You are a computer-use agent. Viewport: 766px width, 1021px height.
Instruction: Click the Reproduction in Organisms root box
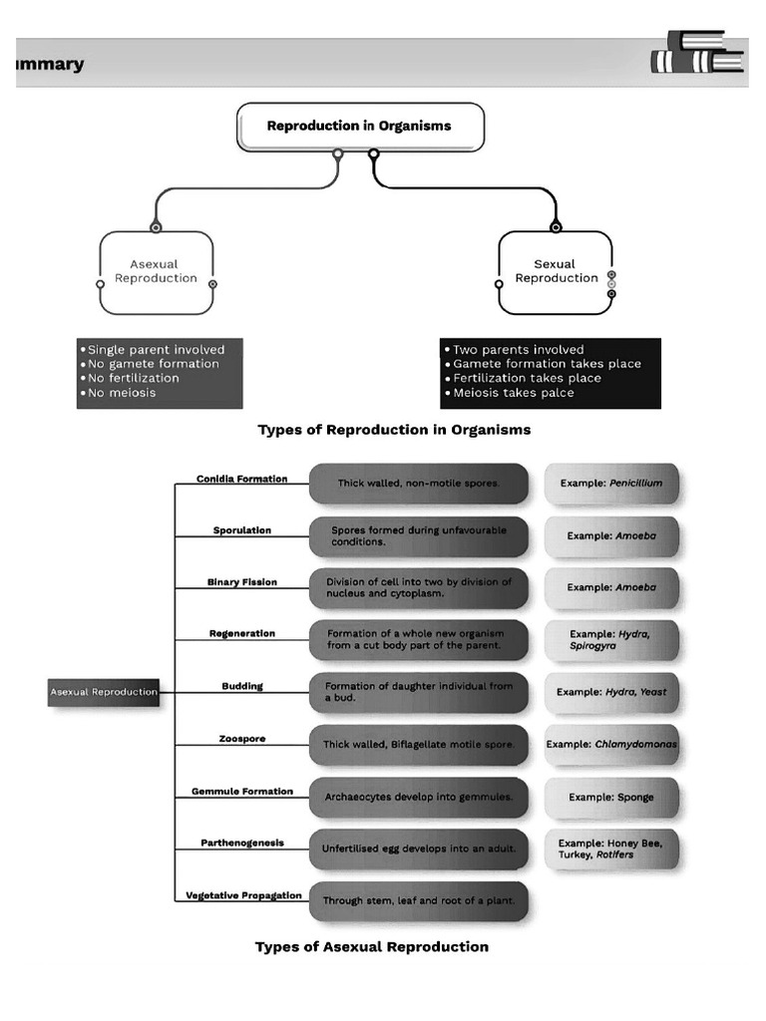tap(360, 127)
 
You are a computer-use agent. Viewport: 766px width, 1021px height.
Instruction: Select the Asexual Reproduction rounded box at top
tap(157, 272)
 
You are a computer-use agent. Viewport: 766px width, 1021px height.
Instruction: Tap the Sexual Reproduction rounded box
tap(556, 272)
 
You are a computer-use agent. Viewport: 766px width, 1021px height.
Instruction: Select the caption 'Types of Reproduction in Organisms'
tap(394, 430)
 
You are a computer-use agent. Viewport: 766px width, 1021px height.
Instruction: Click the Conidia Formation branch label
tap(241, 479)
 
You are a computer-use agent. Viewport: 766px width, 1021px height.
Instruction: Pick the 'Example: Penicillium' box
tap(610, 484)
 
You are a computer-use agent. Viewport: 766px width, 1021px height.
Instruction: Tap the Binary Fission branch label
tap(242, 581)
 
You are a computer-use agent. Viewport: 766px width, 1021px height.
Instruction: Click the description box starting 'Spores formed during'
tap(418, 536)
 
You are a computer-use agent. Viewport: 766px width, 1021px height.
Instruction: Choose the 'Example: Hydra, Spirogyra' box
tap(610, 640)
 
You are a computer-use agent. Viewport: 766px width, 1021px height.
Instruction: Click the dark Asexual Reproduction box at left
tap(104, 692)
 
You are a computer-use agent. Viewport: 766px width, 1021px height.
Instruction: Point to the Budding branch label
tap(242, 686)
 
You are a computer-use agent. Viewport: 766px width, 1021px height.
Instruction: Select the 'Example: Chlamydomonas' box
tap(610, 745)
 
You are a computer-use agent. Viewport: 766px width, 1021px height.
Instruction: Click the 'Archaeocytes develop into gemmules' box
tap(418, 798)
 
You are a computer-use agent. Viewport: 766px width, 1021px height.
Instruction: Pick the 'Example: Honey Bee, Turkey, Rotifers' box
tap(610, 849)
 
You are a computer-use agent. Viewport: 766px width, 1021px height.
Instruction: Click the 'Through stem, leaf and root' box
tap(418, 901)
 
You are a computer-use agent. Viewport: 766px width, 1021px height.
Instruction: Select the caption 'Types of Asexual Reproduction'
tap(372, 947)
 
